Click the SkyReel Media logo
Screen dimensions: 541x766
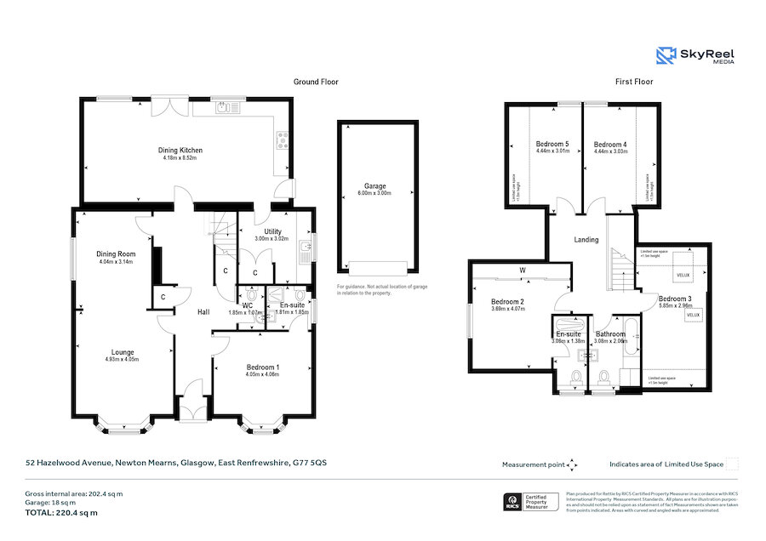point(695,56)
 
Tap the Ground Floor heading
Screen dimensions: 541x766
point(316,82)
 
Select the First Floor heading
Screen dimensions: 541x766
point(634,82)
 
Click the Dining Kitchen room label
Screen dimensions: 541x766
point(180,151)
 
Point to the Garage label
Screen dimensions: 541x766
point(375,185)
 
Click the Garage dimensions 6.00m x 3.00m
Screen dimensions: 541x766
point(375,193)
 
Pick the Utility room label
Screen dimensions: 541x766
point(272,231)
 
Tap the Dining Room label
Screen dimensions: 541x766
point(116,254)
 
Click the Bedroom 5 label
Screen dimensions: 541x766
point(552,145)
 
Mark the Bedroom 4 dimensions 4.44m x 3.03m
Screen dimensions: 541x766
point(610,153)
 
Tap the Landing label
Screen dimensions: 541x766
point(586,240)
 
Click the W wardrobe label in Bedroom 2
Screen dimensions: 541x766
point(521,272)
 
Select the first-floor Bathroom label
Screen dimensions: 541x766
point(610,334)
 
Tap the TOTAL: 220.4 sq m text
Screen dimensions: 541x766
point(60,513)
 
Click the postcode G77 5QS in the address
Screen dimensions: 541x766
point(309,464)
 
